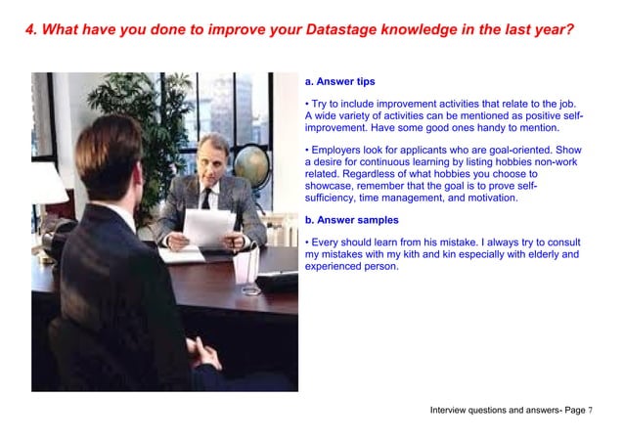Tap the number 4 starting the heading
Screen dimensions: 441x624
coord(30,29)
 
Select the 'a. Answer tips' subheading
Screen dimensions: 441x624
coord(339,81)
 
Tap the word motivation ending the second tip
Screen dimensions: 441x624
coord(487,198)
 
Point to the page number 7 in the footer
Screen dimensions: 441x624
coord(591,410)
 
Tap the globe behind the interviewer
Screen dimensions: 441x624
coord(250,166)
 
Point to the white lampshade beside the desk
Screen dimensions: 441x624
coord(47,184)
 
